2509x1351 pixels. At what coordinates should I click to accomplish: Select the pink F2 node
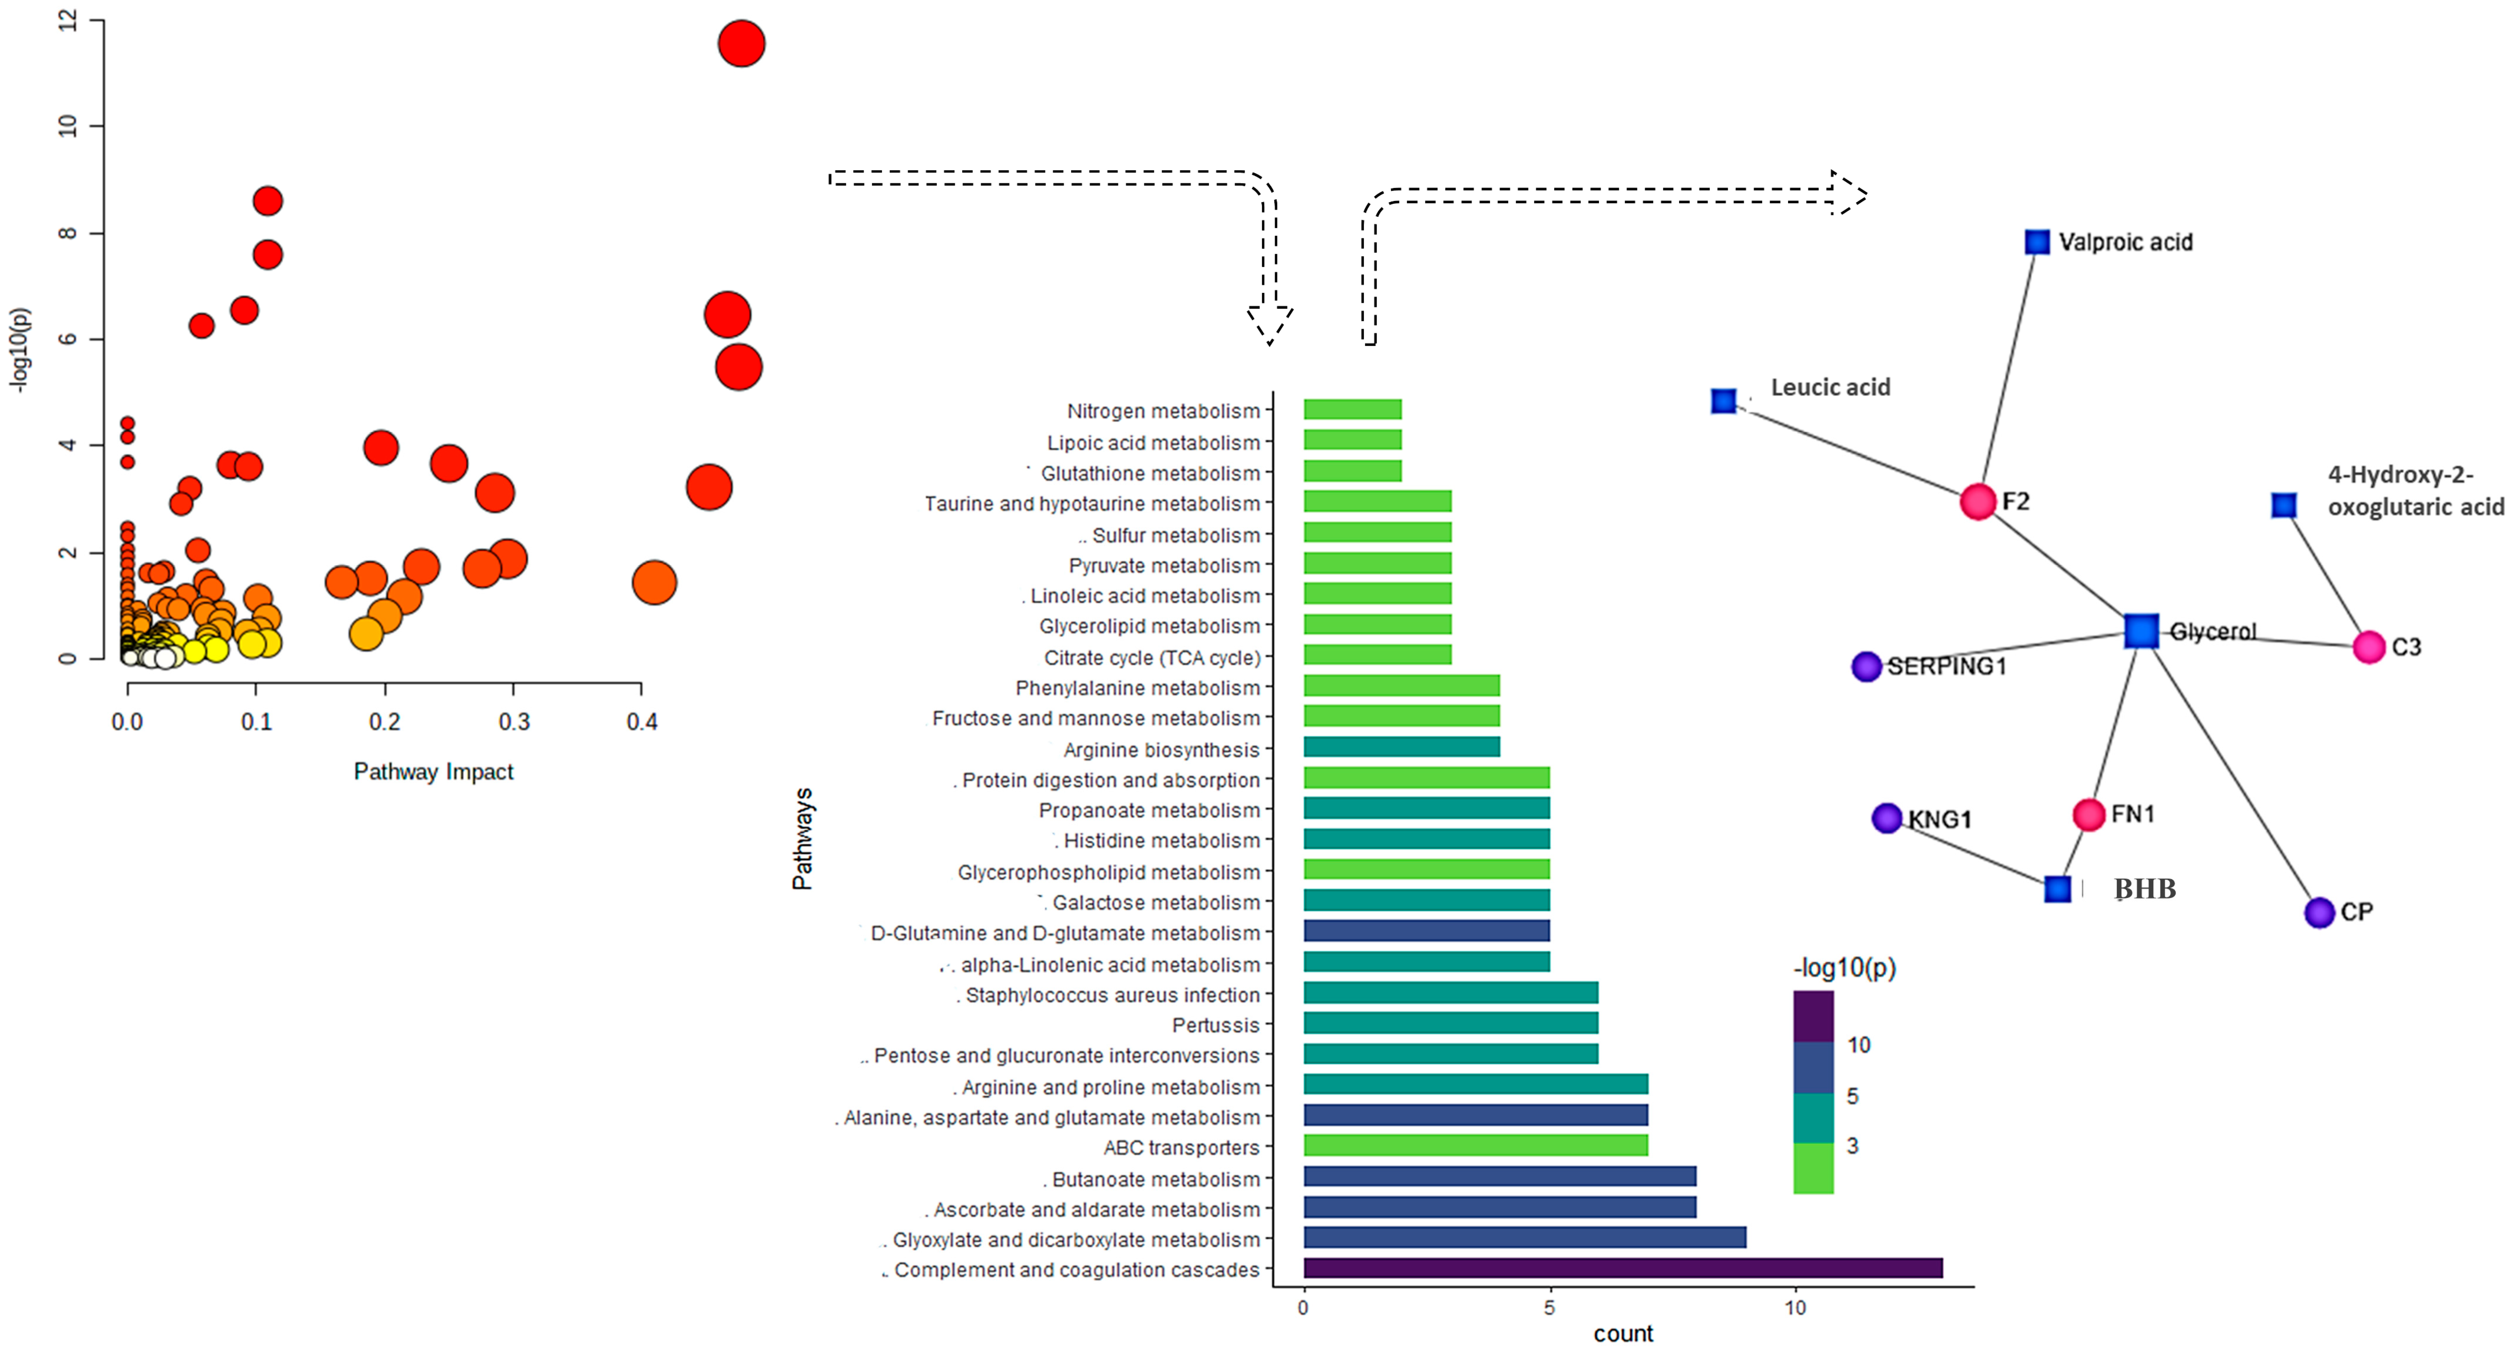(1977, 502)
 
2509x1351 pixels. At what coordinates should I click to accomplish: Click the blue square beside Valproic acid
(2037, 242)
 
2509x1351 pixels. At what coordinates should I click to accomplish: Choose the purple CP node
(2319, 913)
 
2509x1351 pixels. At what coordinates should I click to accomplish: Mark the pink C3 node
(2369, 647)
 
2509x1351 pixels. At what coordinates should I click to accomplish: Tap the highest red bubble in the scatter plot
(741, 44)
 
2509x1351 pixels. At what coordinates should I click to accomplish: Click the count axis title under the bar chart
(1623, 1334)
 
